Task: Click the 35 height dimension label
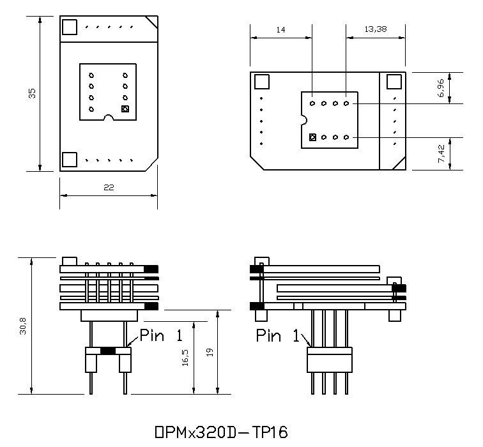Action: click(x=32, y=93)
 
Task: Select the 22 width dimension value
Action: click(x=109, y=187)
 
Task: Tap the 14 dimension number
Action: click(x=280, y=30)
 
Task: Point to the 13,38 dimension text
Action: click(x=376, y=29)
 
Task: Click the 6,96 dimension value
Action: click(x=441, y=88)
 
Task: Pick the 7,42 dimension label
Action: click(x=441, y=154)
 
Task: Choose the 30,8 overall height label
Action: click(x=23, y=326)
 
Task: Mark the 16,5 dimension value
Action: click(x=185, y=358)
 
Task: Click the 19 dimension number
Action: click(x=210, y=352)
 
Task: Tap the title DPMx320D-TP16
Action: click(x=221, y=432)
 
